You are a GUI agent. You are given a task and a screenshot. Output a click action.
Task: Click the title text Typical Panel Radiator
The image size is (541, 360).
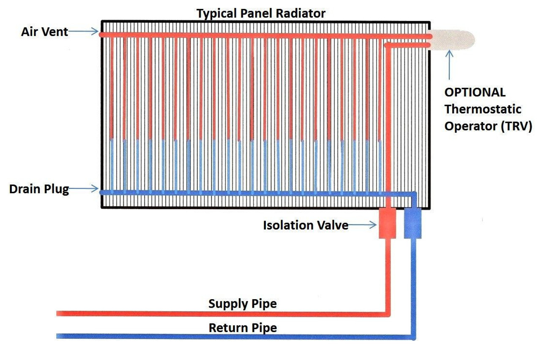(261, 13)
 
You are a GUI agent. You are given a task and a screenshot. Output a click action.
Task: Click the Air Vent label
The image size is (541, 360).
(44, 32)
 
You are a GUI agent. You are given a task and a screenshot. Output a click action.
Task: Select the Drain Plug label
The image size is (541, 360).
(39, 189)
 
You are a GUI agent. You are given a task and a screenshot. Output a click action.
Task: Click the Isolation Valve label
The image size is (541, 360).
(306, 225)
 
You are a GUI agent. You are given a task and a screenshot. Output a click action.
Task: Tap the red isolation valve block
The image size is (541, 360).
(387, 223)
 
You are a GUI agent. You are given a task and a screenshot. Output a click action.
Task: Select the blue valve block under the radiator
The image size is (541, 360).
(413, 223)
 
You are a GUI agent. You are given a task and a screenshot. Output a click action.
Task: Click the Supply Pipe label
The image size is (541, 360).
(242, 304)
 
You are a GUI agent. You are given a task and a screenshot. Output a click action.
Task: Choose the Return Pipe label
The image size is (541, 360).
(243, 328)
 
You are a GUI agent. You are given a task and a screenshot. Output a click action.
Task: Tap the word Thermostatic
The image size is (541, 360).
(483, 109)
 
